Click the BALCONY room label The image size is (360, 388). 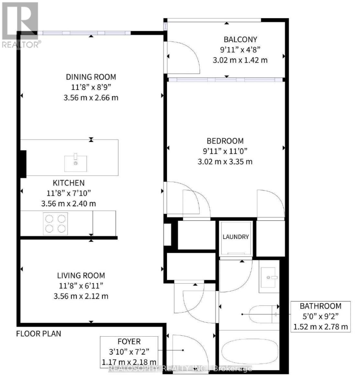click(240, 39)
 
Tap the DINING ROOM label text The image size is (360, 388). click(91, 77)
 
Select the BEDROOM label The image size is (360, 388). click(225, 141)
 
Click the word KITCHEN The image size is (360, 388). click(69, 183)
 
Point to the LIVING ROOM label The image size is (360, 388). click(81, 276)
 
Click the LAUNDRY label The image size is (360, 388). click(236, 237)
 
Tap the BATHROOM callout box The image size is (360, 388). click(320, 316)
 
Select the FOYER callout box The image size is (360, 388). click(129, 352)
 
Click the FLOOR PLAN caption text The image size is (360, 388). click(39, 333)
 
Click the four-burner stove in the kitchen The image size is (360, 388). click(55, 224)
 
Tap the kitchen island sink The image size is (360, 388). click(76, 163)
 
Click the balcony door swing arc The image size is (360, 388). click(184, 58)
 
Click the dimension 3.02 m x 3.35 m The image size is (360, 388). click(225, 162)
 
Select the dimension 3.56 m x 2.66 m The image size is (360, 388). click(91, 97)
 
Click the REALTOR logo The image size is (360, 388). click(20, 24)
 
